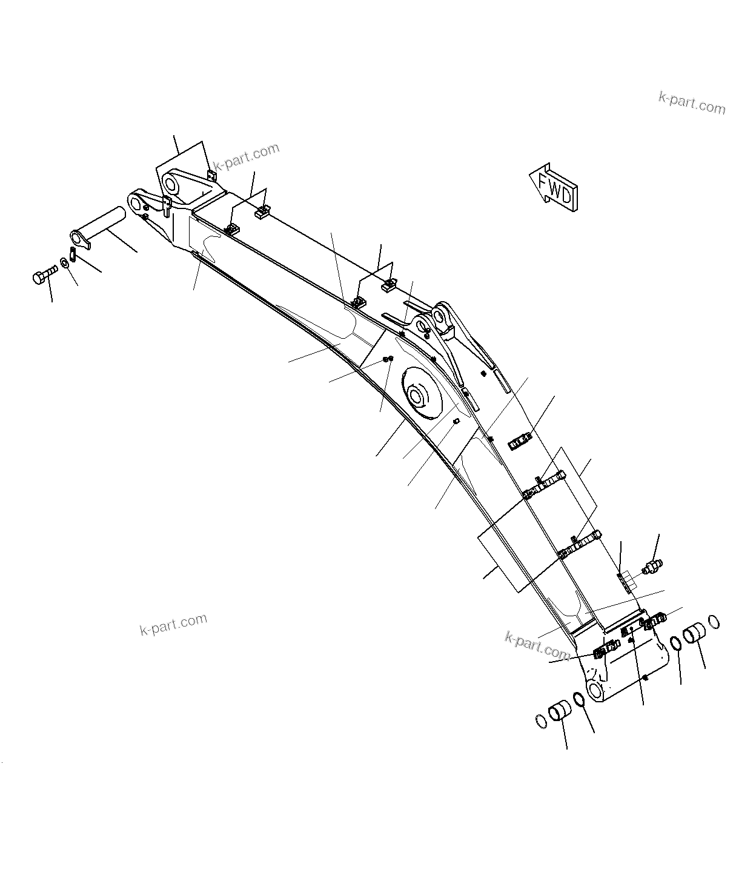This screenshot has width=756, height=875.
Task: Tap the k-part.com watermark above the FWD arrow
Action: point(692,103)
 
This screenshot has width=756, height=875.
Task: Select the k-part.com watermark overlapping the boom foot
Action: point(537,645)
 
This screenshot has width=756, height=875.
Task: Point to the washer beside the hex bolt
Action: point(64,265)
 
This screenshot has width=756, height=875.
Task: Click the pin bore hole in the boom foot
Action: point(595,691)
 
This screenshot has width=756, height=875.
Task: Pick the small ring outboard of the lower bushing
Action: point(541,721)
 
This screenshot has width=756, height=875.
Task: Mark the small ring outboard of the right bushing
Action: point(714,622)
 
